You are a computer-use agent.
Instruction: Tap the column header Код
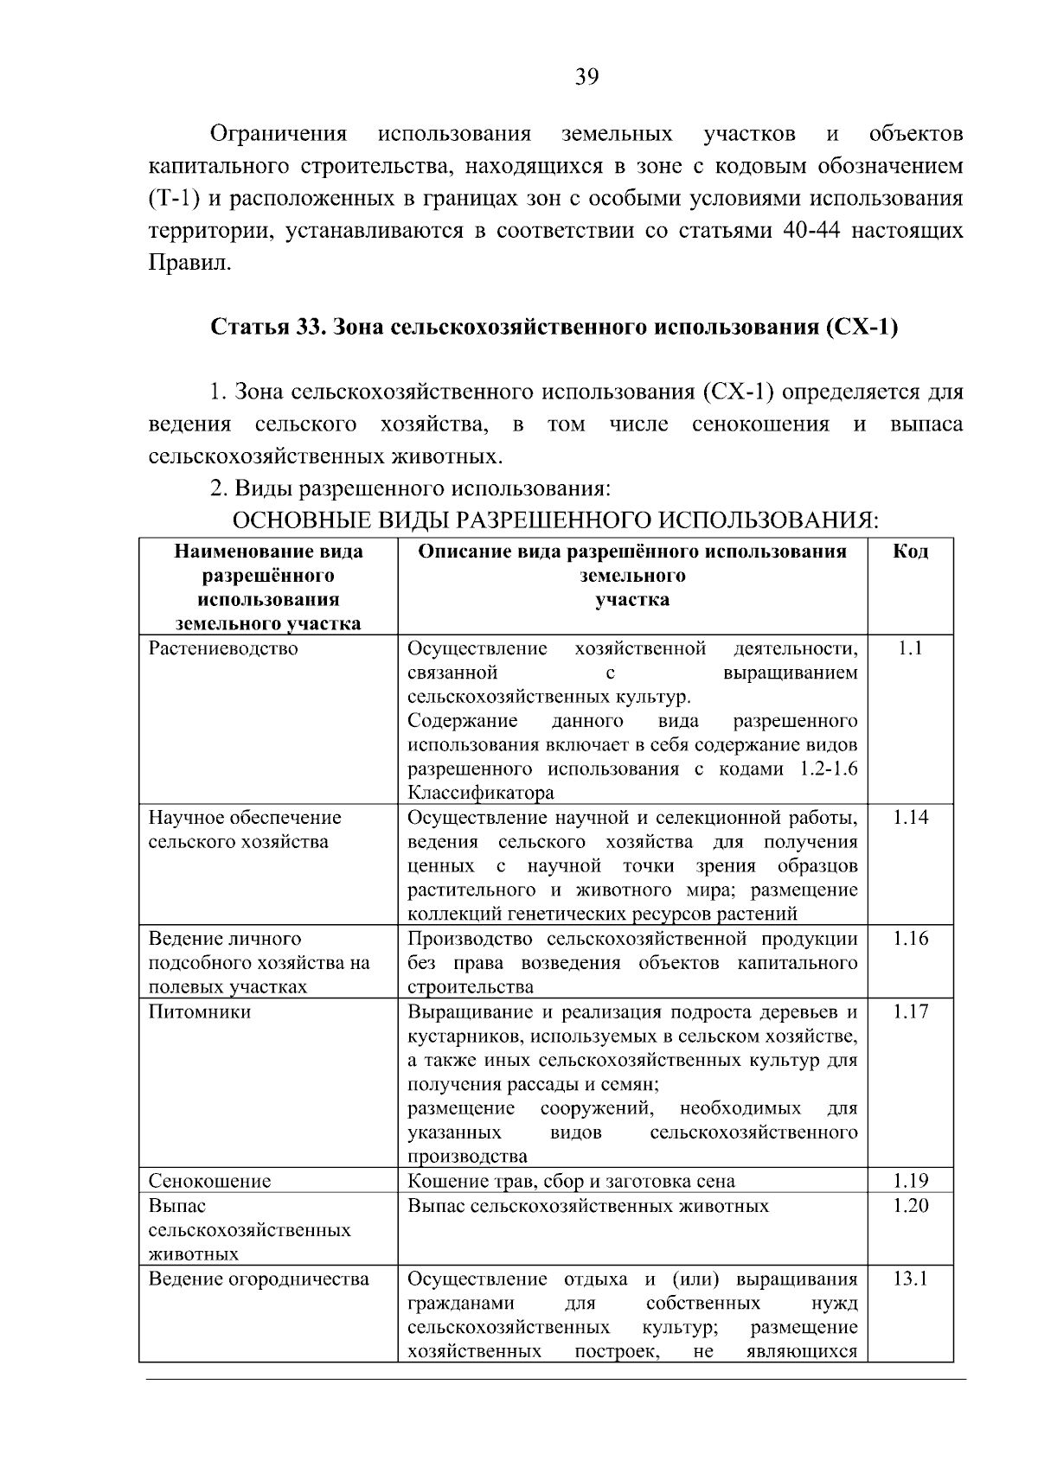910,552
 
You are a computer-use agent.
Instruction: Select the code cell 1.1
910,648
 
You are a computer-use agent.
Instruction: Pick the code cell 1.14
910,817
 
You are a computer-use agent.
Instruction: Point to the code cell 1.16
910,939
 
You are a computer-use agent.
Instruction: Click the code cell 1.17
910,1011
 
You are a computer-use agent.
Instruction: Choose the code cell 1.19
910,1181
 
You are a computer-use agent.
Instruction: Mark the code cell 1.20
910,1205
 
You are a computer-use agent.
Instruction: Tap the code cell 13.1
910,1279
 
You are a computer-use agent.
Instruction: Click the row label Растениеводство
223,648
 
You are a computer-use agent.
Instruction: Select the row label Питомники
200,1011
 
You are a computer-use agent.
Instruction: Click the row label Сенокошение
209,1181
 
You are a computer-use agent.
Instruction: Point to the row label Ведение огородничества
259,1279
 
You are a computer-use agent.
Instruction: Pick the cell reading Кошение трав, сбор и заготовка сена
571,1181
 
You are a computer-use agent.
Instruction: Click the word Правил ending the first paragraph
189,264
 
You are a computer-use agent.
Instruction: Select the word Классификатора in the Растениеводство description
480,793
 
